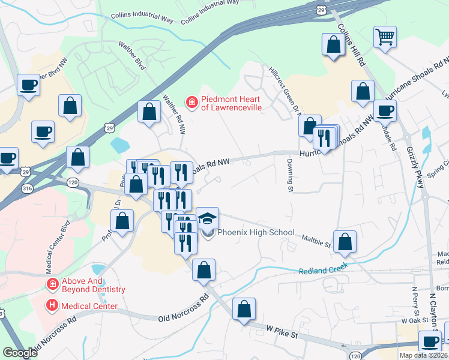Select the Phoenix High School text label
[x=256, y=233]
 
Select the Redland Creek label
[x=324, y=271]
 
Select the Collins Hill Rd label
[x=351, y=46]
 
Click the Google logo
[x=20, y=353]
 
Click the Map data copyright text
[x=423, y=355]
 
